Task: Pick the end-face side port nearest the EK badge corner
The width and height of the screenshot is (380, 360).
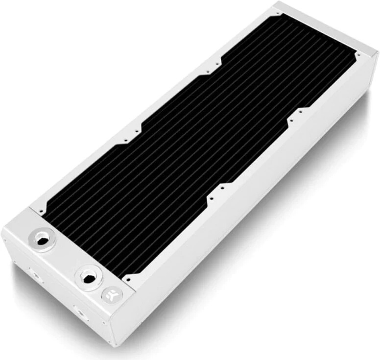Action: pos(78,309)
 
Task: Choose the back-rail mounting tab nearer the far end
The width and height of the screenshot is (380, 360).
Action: pos(211,72)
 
